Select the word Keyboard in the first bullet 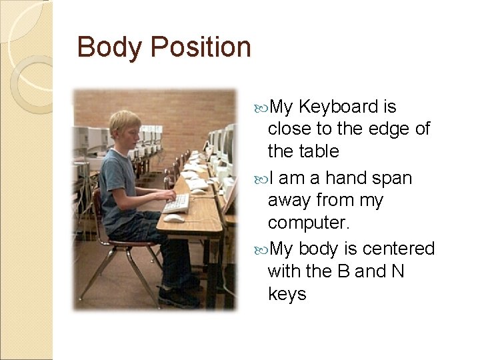click(x=339, y=107)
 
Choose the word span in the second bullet click(x=394, y=179)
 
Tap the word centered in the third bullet click(x=401, y=249)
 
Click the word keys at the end click(x=287, y=294)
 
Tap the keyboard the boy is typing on click(x=177, y=203)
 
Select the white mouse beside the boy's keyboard click(x=175, y=218)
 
